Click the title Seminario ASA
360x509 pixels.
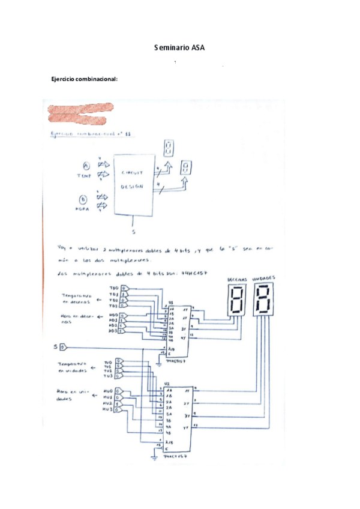(x=179, y=47)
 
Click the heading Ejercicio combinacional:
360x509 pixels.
(x=84, y=79)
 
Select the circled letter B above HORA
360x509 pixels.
(x=83, y=200)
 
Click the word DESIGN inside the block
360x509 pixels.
(x=133, y=186)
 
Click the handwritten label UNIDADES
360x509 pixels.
(x=264, y=279)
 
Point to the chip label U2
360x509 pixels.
(x=167, y=382)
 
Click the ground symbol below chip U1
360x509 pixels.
(x=158, y=363)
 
